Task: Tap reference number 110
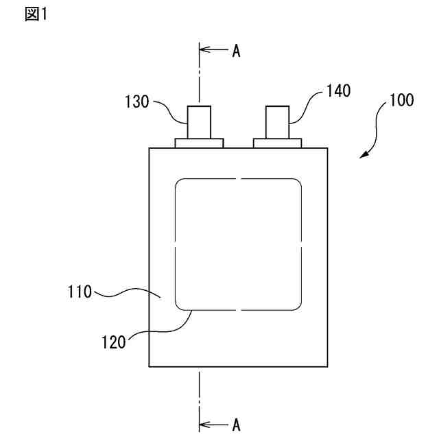click(79, 293)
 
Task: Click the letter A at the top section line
click(235, 51)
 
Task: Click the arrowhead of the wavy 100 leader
click(364, 156)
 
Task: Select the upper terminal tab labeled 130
click(199, 122)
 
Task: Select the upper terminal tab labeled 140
click(277, 122)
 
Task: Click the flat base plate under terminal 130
click(199, 143)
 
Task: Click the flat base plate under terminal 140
click(277, 143)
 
